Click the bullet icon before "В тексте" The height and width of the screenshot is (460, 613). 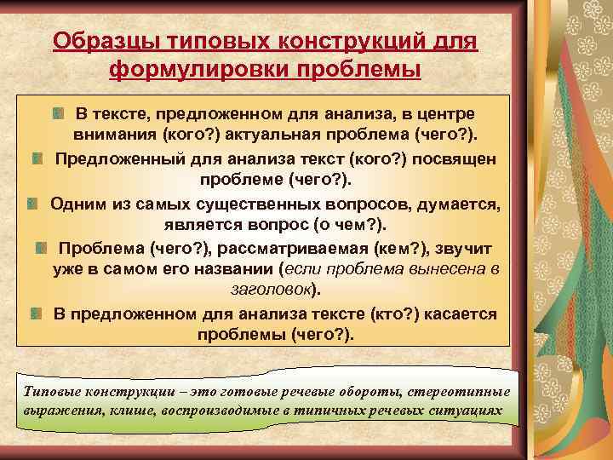(57, 114)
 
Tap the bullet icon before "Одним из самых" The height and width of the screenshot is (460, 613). (32, 204)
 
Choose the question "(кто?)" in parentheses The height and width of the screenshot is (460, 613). (387, 314)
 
